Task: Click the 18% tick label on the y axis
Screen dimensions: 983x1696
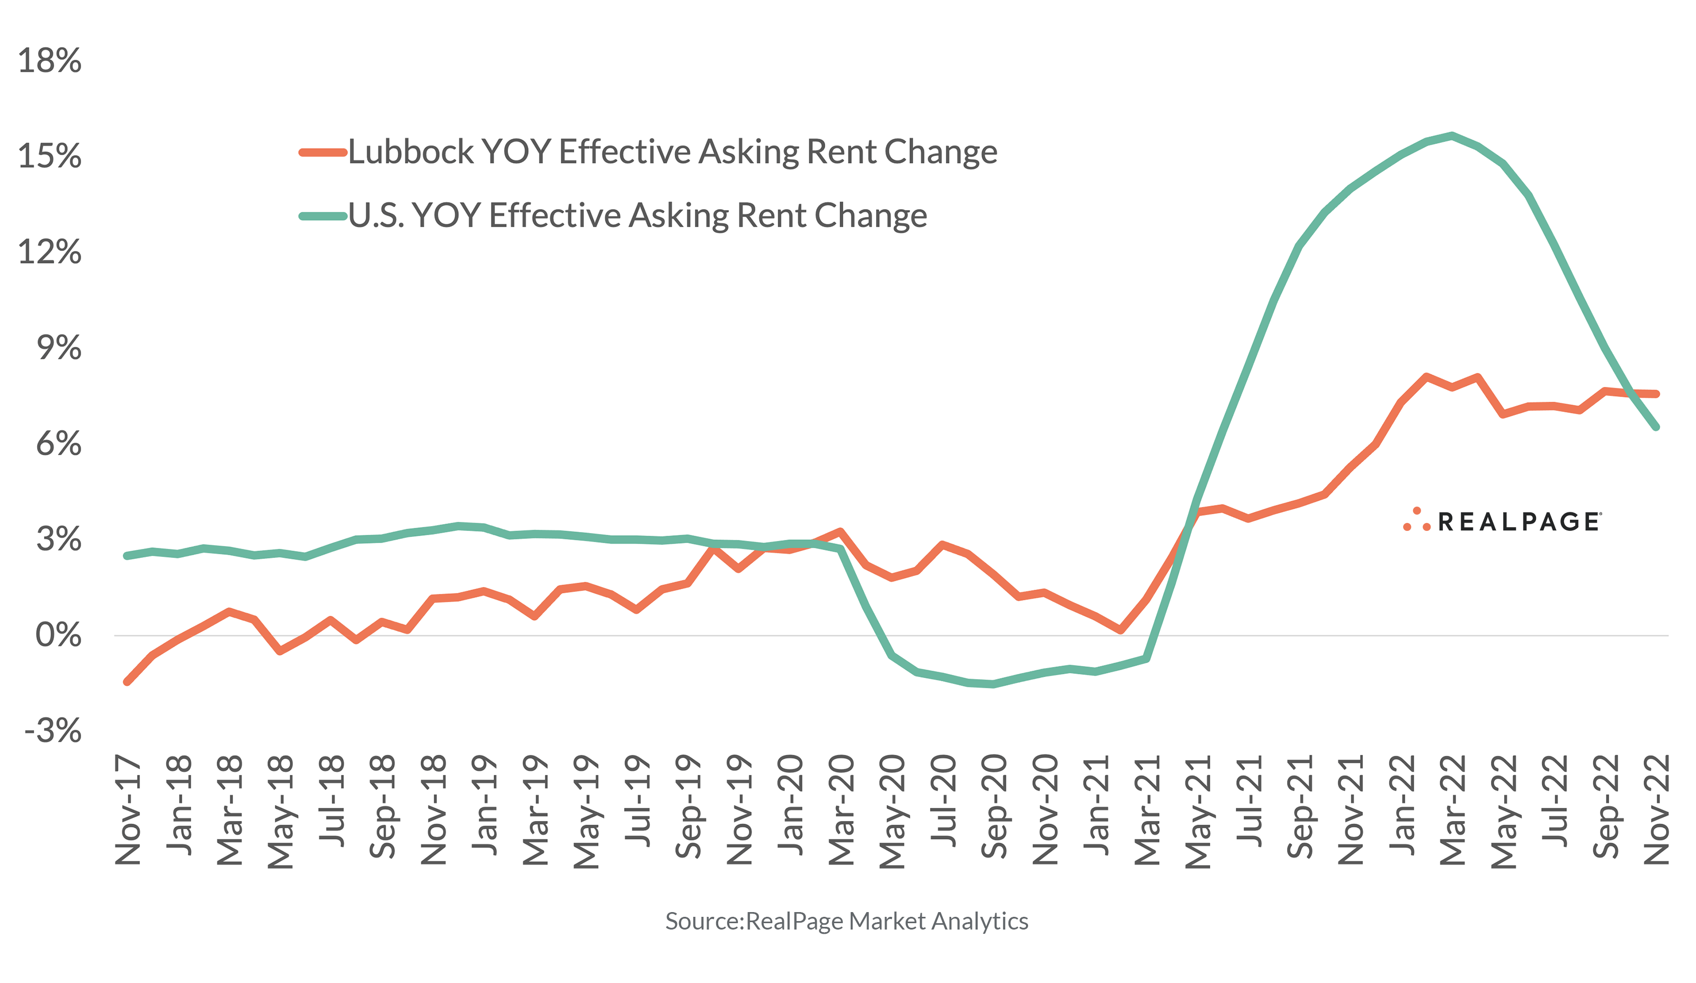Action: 50,60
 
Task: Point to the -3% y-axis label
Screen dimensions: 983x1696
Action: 52,731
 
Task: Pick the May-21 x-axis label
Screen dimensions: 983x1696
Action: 1197,811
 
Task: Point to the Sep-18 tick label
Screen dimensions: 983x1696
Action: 382,807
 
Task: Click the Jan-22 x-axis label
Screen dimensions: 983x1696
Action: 1402,805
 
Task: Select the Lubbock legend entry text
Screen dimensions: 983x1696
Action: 672,152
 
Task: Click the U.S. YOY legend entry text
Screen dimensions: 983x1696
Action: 637,216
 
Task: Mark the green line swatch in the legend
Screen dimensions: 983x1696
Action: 323,216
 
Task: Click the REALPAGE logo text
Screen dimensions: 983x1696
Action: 1519,522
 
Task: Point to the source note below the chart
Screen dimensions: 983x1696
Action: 846,921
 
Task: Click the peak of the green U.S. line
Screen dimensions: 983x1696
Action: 1452,135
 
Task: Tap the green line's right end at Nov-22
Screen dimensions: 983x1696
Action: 1656,427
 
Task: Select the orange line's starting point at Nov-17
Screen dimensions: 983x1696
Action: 127,682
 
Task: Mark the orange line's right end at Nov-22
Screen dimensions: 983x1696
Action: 1656,394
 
